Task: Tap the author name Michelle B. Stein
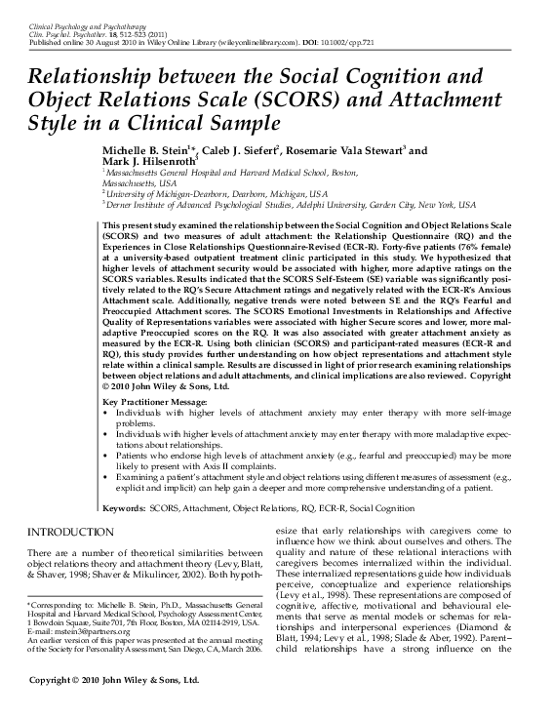tap(147, 151)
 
